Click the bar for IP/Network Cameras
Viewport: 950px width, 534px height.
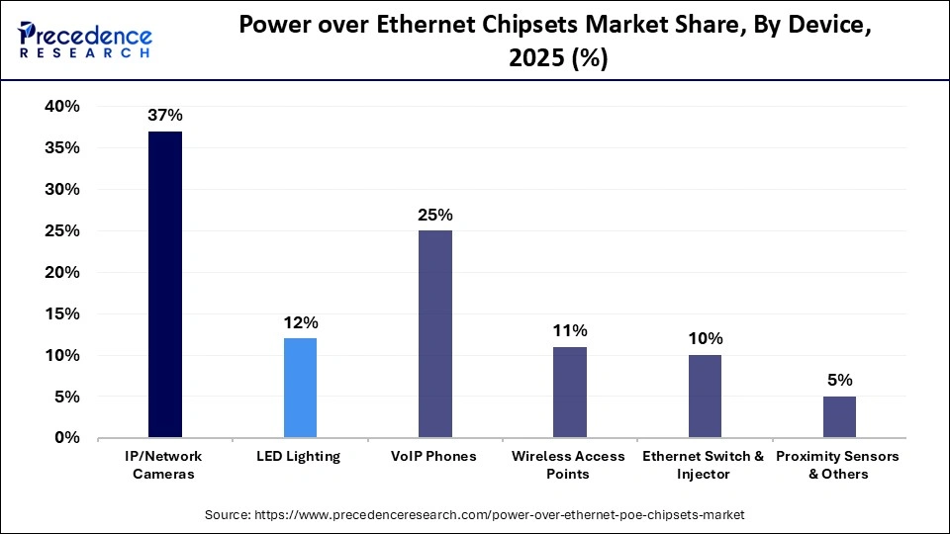(164, 285)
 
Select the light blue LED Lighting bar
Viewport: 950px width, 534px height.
(300, 388)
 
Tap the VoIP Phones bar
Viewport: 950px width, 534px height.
(435, 334)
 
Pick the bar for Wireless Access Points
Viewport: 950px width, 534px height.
(569, 393)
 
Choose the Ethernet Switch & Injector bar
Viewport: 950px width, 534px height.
(704, 397)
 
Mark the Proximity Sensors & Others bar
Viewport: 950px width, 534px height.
(838, 417)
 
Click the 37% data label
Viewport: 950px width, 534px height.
(164, 115)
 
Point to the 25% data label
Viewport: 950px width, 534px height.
(435, 215)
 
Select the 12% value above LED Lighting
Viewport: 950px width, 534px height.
(300, 322)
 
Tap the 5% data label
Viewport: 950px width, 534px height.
(839, 380)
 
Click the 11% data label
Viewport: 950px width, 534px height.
(570, 330)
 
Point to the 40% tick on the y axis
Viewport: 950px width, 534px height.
(60, 107)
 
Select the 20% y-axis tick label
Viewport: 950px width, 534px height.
(60, 272)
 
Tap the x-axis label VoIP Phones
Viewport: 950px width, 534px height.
(435, 456)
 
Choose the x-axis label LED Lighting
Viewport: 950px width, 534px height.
(300, 456)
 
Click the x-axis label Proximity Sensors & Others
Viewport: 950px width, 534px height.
(837, 465)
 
